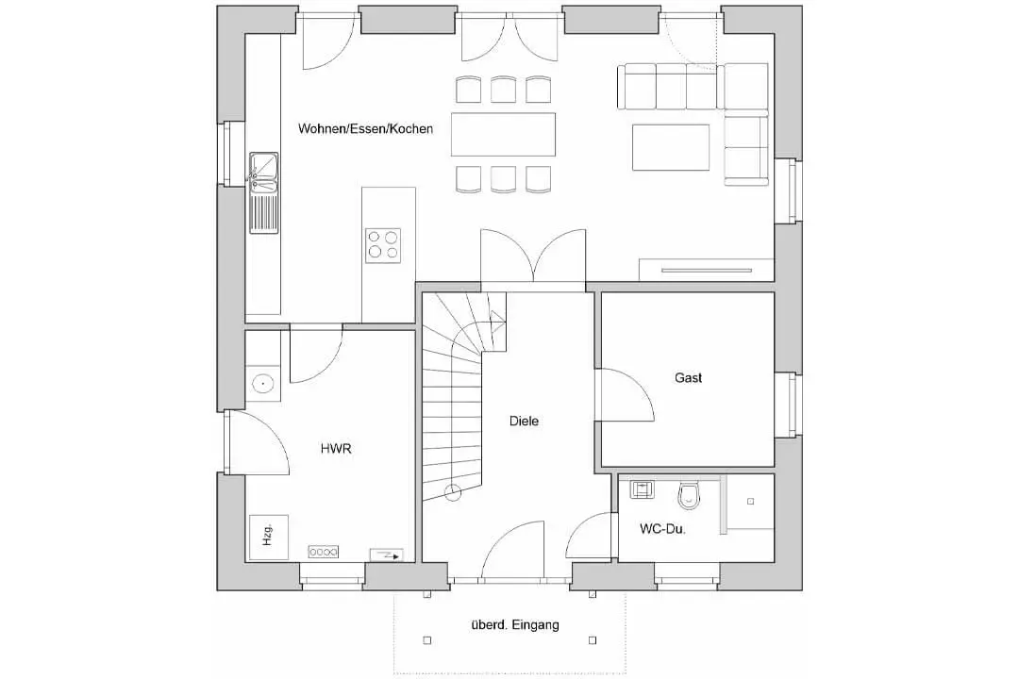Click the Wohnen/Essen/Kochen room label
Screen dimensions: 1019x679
pyautogui.click(x=365, y=128)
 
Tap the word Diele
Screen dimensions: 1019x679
pyautogui.click(x=524, y=421)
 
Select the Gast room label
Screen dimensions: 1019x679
pyautogui.click(x=688, y=377)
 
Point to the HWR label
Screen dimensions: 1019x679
pyautogui.click(x=336, y=448)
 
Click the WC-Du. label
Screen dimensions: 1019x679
pyautogui.click(x=663, y=529)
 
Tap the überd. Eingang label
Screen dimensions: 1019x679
pyautogui.click(x=515, y=625)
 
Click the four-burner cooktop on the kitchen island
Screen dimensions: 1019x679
pyautogui.click(x=383, y=245)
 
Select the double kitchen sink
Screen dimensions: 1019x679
pyautogui.click(x=263, y=173)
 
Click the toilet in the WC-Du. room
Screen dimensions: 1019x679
pyautogui.click(x=689, y=496)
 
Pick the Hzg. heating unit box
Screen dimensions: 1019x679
pyautogui.click(x=268, y=538)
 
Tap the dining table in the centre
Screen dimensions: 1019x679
pyautogui.click(x=504, y=135)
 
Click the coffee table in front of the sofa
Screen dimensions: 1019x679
pyautogui.click(x=671, y=147)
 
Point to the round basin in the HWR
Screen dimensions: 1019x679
pyautogui.click(x=262, y=384)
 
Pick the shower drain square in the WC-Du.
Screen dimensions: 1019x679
pyautogui.click(x=751, y=502)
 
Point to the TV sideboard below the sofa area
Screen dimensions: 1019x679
pyautogui.click(x=707, y=270)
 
